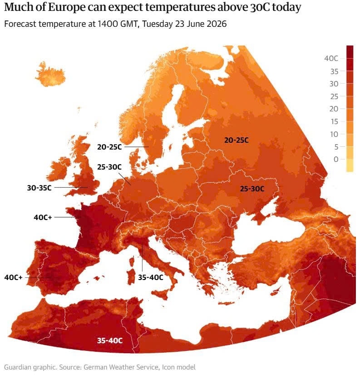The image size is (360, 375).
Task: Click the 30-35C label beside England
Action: (x=39, y=188)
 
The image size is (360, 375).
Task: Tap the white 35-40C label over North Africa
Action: (x=110, y=340)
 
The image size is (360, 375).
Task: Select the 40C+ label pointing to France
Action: (x=43, y=217)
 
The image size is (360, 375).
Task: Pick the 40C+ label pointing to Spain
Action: (x=13, y=277)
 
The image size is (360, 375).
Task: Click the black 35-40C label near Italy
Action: (x=151, y=277)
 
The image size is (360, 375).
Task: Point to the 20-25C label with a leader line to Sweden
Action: (x=109, y=147)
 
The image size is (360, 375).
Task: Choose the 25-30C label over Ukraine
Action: (x=252, y=189)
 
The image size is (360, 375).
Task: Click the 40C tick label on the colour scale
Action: (x=331, y=58)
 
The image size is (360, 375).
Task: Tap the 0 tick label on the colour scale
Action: (x=336, y=159)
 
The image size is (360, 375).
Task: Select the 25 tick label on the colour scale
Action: (x=334, y=96)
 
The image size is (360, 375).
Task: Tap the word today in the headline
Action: (x=286, y=8)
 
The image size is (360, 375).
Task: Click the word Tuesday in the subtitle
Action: (x=158, y=24)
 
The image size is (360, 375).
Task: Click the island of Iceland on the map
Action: (x=50, y=74)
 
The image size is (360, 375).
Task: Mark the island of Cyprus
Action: (x=276, y=292)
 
